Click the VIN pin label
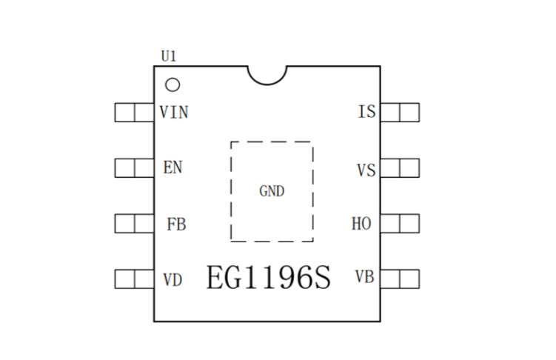click(x=174, y=113)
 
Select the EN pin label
click(x=173, y=167)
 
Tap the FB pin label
click(x=176, y=224)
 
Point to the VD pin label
click(x=173, y=279)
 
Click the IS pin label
click(x=366, y=113)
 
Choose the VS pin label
click(x=366, y=170)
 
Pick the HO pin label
click(x=361, y=224)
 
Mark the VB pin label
click(x=364, y=278)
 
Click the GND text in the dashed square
click(x=272, y=191)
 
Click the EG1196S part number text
click(x=268, y=279)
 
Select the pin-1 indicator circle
click(x=173, y=84)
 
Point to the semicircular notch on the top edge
click(x=267, y=73)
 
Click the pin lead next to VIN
click(x=134, y=113)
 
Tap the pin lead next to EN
click(x=134, y=167)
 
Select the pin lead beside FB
click(x=134, y=224)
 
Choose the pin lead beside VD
click(x=134, y=279)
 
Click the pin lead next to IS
click(x=400, y=113)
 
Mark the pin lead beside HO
click(x=400, y=224)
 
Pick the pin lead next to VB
click(x=400, y=279)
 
